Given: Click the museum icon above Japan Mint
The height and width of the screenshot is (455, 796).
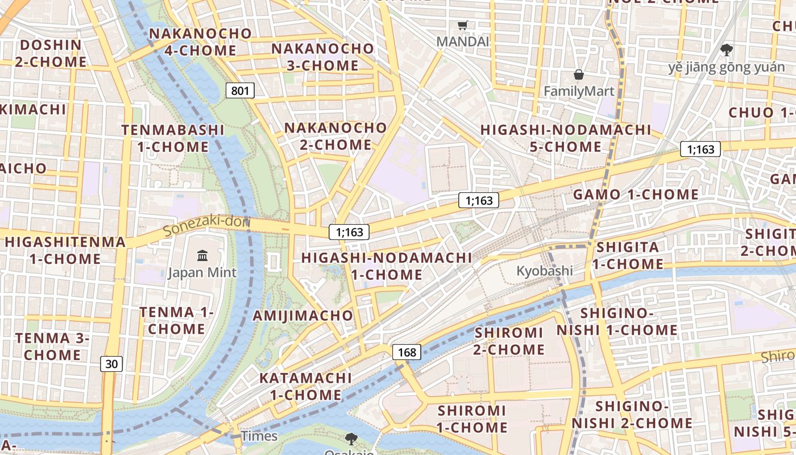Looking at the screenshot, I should [202, 255].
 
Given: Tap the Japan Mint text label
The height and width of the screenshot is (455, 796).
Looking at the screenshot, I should [202, 272].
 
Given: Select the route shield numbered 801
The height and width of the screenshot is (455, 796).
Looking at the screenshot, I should [239, 90].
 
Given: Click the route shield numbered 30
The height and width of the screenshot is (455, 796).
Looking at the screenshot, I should [112, 364].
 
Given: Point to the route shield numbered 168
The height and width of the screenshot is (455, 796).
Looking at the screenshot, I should [407, 352].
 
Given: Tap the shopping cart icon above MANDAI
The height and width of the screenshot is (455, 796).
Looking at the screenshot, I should [463, 25].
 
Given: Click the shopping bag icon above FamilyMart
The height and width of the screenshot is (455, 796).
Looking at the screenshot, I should [578, 75].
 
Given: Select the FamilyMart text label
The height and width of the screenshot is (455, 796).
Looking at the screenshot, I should [579, 91].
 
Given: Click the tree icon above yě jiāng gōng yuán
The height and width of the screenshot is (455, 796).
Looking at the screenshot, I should [726, 50].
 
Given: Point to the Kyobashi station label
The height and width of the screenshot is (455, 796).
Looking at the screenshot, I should [544, 271].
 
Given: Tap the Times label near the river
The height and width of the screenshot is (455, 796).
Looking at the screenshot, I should [259, 436].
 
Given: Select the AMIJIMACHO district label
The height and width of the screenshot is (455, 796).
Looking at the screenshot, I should [303, 315].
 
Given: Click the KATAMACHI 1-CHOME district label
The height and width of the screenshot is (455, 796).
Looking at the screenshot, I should [305, 386].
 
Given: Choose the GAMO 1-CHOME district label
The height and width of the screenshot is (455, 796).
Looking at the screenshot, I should [636, 195].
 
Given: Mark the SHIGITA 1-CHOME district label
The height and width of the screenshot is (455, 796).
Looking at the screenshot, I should [628, 255].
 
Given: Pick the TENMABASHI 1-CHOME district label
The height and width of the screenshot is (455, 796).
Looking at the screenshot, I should [173, 138].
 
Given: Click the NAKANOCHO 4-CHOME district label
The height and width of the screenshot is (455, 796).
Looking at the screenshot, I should [200, 42].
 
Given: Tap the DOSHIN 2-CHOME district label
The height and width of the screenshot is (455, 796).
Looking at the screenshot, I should [51, 53].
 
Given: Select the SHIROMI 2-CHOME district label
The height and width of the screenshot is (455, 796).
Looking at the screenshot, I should [509, 341].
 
